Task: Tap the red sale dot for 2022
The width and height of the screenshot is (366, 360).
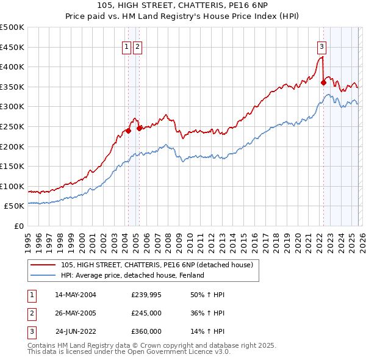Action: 323,83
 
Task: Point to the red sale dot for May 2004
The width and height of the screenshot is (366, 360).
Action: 128,131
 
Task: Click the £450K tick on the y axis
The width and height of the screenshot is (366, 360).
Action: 12,47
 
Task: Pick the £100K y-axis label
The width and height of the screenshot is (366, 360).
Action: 12,186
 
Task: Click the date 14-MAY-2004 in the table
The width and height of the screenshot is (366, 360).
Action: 76,295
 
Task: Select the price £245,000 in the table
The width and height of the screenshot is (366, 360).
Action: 146,313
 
